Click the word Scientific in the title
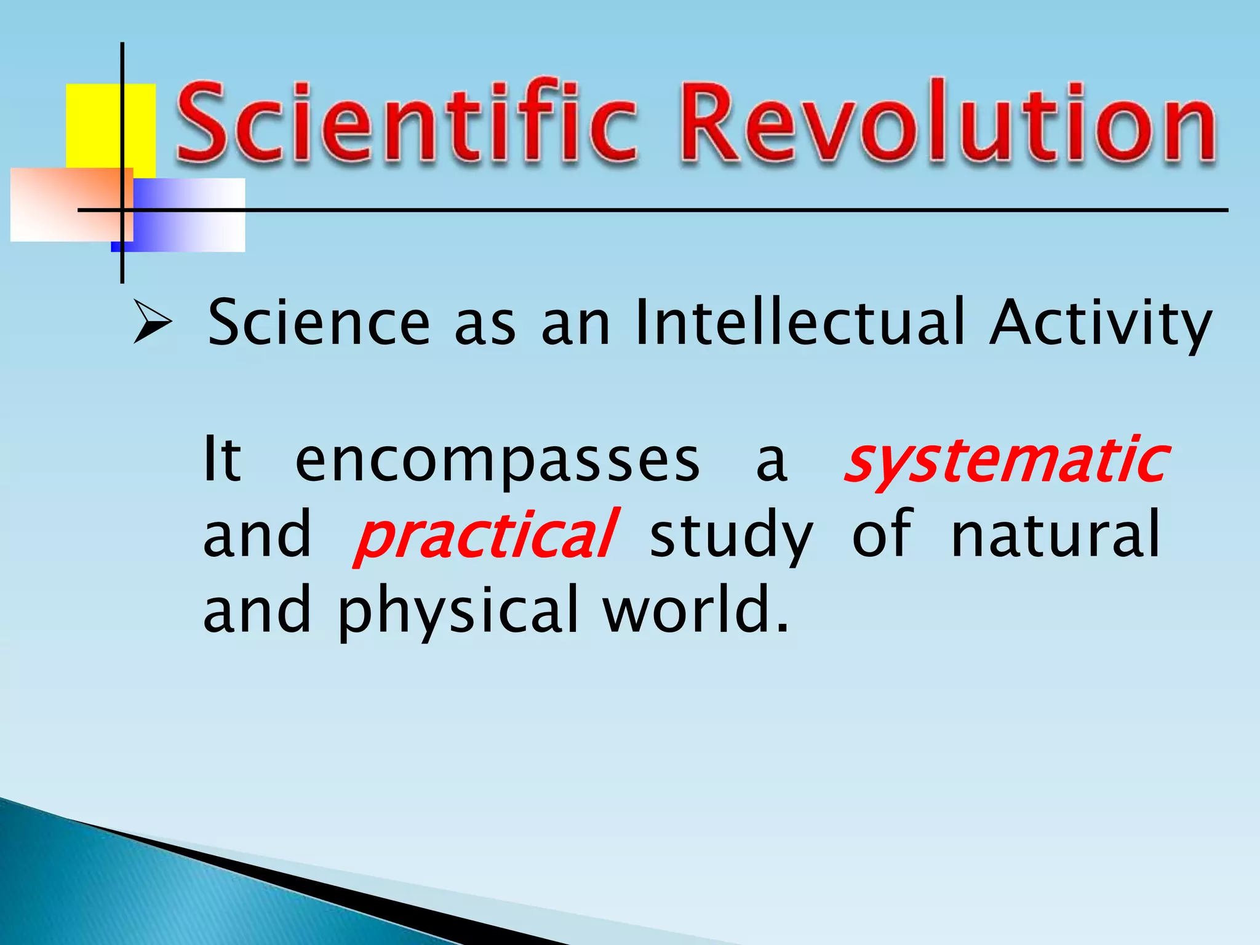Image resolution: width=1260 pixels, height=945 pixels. pyautogui.click(x=406, y=123)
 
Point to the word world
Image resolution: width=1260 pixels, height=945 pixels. pyautogui.click(x=695, y=609)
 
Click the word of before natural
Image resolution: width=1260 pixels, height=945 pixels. pyautogui.click(x=881, y=534)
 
